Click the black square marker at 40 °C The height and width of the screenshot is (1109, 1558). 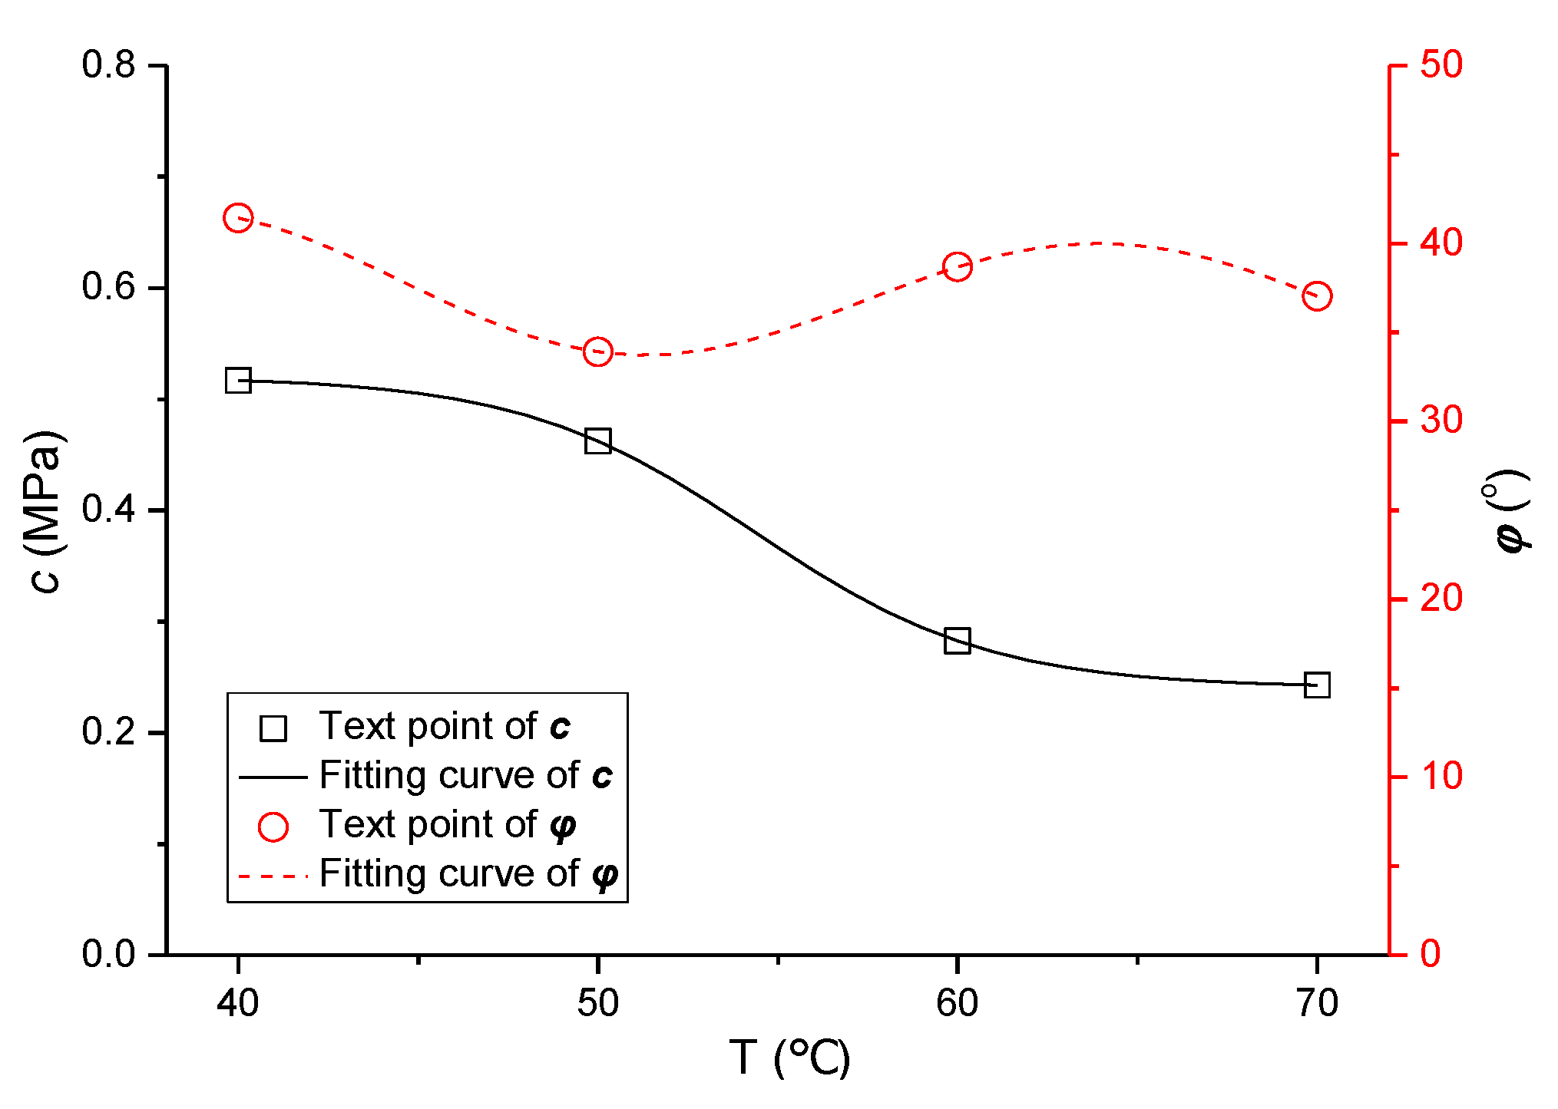[x=238, y=381]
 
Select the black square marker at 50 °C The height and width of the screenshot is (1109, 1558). [x=597, y=441]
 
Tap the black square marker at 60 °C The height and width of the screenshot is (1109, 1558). [x=957, y=640]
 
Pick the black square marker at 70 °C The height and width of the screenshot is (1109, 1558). [x=1317, y=685]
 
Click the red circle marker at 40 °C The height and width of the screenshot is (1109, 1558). [x=238, y=218]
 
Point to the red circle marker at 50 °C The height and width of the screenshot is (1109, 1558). [x=597, y=352]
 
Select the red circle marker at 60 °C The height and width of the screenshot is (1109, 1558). [x=957, y=267]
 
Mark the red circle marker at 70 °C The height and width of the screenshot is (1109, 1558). [x=1317, y=295]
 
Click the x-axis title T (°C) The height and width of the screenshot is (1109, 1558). [x=789, y=1058]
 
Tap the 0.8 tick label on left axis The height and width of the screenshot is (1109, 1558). [x=108, y=64]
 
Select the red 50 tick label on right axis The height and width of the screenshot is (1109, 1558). [x=1441, y=64]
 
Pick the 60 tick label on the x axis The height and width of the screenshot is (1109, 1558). [x=957, y=1002]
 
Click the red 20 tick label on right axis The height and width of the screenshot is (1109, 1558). [x=1441, y=599]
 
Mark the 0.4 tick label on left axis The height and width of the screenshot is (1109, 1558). [x=108, y=509]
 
